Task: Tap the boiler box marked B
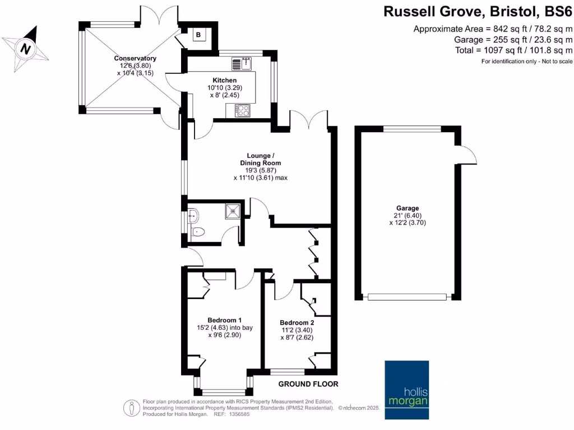[198, 35]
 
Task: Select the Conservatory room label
[135, 58]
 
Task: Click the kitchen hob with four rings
[243, 111]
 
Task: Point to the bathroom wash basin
[193, 213]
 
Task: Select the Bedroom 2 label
[297, 322]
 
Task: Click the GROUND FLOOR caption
[309, 384]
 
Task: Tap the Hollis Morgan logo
[406, 390]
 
